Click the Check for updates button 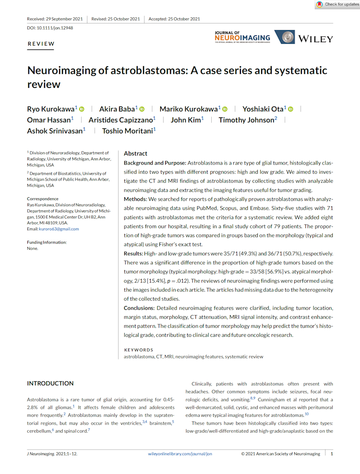coord(337,4)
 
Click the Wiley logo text coord(315,38)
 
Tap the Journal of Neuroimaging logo coord(242,37)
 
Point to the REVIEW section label coord(41,44)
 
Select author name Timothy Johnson coord(247,120)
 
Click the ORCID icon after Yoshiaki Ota coord(290,109)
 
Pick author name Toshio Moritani coord(128,130)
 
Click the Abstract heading coord(135,154)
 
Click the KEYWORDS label coord(138,350)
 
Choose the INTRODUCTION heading coord(50,383)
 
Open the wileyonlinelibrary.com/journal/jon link coord(180,453)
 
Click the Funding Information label coord(47,242)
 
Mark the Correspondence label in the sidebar coord(43,199)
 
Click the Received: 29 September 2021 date coord(55,19)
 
